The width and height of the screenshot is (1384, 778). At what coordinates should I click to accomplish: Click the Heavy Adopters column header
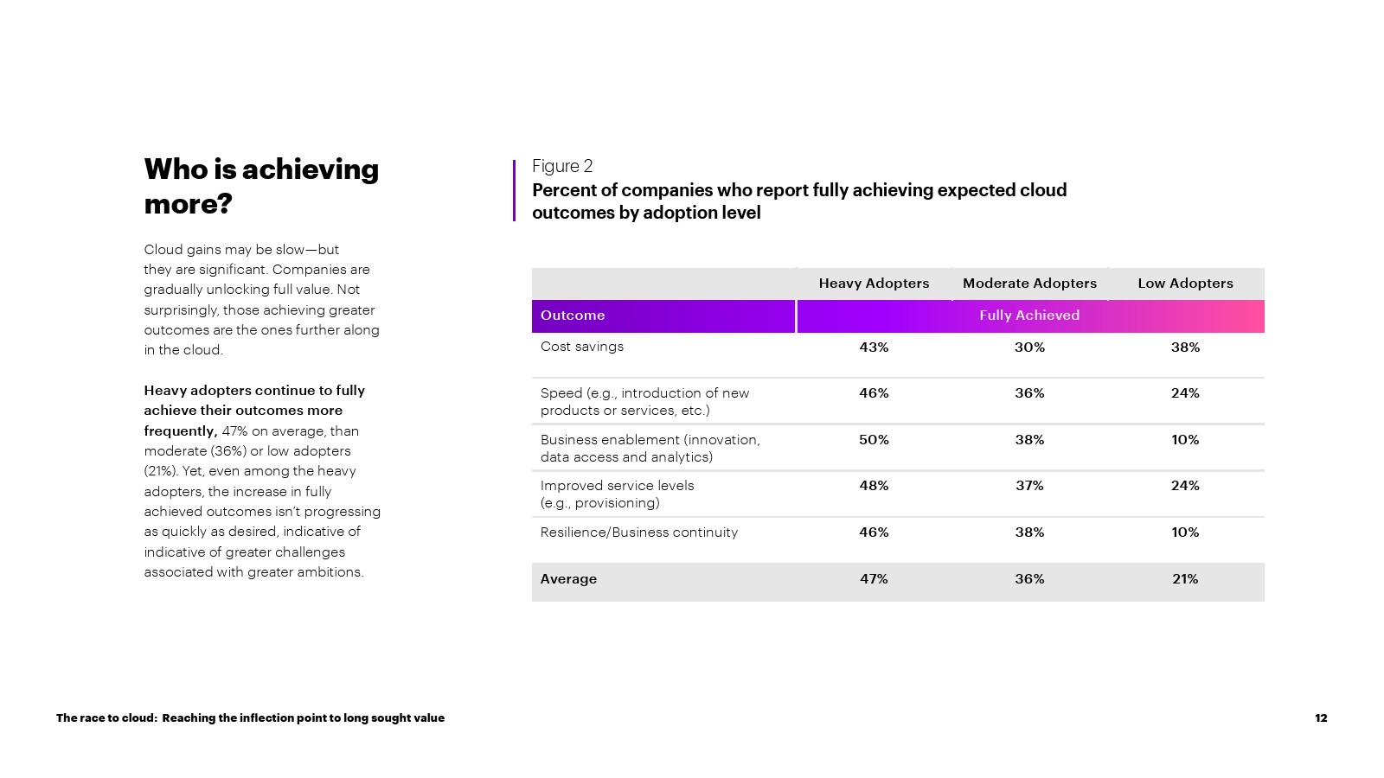pos(874,284)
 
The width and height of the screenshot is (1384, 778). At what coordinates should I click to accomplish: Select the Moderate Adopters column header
pos(1029,284)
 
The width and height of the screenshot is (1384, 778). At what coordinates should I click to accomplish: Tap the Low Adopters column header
pos(1185,284)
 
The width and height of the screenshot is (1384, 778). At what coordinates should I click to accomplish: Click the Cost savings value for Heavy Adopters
pos(874,348)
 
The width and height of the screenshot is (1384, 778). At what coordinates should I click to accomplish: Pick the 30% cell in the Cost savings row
pos(1029,348)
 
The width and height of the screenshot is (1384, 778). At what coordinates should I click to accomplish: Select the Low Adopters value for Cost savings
pos(1185,348)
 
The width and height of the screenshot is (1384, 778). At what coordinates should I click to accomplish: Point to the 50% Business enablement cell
pos(874,440)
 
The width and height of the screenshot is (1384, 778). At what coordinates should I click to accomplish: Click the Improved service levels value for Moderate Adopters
pos(1029,486)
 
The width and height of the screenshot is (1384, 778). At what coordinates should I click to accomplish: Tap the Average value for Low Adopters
pos(1185,579)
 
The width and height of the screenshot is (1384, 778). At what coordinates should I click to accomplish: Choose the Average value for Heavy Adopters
pos(874,579)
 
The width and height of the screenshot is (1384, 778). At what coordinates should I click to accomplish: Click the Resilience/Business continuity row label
pos(638,532)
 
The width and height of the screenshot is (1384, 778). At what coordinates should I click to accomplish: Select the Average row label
pos(568,579)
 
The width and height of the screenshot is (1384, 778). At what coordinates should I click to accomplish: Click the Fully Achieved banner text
pos(1029,316)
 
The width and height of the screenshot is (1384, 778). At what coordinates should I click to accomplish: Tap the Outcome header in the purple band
pos(573,316)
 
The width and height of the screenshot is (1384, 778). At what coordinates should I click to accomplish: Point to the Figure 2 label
pos(562,166)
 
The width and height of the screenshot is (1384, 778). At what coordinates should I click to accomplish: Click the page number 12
pos(1321,718)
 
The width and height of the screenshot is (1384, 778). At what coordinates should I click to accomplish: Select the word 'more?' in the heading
pos(188,204)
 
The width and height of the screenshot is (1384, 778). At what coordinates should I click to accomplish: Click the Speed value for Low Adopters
pos(1185,393)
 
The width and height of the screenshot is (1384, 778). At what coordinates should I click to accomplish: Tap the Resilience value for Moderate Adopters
pos(1029,532)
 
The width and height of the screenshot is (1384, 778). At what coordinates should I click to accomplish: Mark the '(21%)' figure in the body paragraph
pos(161,471)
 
